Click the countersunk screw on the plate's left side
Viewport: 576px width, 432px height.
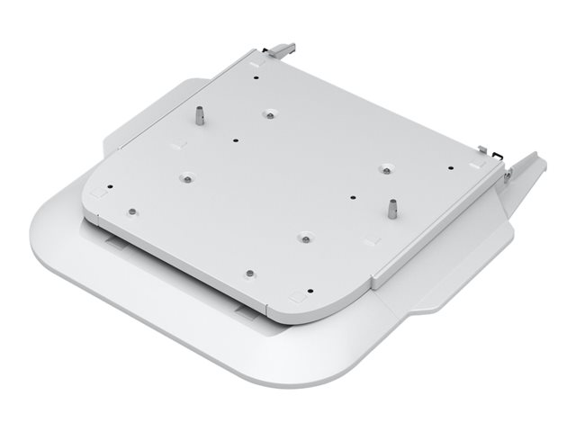point(185,176)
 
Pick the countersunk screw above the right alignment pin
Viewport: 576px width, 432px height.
point(384,168)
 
